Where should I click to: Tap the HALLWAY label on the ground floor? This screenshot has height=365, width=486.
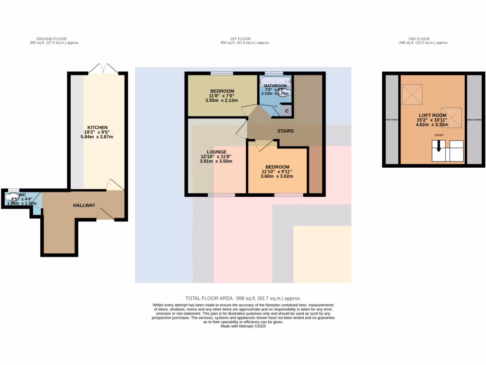click(x=84, y=205)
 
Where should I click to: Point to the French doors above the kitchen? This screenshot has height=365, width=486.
click(x=103, y=68)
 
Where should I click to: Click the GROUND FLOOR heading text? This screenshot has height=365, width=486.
click(x=51, y=39)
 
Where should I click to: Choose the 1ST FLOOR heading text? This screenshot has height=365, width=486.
click(x=240, y=39)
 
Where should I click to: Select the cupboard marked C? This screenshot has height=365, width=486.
click(x=287, y=110)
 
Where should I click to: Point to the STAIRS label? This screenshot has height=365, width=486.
click(x=286, y=131)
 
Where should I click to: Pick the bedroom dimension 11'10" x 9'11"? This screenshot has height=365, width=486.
click(x=277, y=172)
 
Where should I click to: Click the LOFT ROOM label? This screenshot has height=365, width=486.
click(x=432, y=115)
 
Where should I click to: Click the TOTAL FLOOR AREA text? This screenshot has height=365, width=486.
click(x=243, y=298)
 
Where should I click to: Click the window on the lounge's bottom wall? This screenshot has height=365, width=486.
click(x=221, y=195)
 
